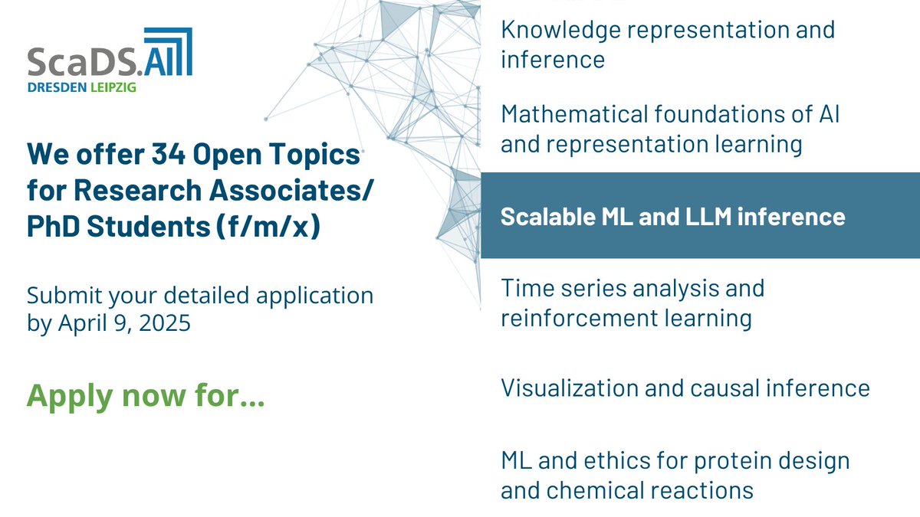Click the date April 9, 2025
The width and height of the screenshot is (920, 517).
tap(123, 323)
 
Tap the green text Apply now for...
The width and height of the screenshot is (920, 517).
tap(146, 396)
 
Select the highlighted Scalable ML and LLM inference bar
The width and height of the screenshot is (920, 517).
tap(699, 216)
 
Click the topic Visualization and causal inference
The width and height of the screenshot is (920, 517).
tap(685, 388)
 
